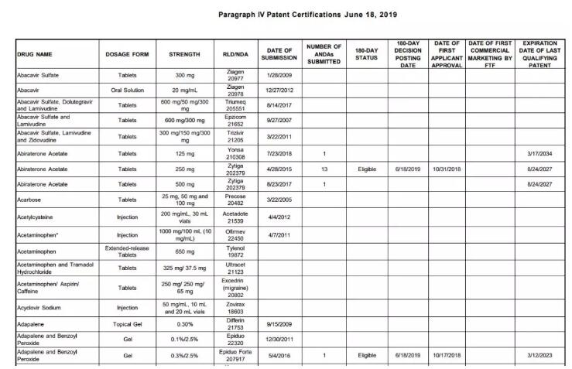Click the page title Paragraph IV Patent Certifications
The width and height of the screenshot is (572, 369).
pyautogui.click(x=296, y=15)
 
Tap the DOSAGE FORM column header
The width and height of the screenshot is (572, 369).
pyautogui.click(x=127, y=54)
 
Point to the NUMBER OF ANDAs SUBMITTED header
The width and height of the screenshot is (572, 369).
pyautogui.click(x=324, y=54)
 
